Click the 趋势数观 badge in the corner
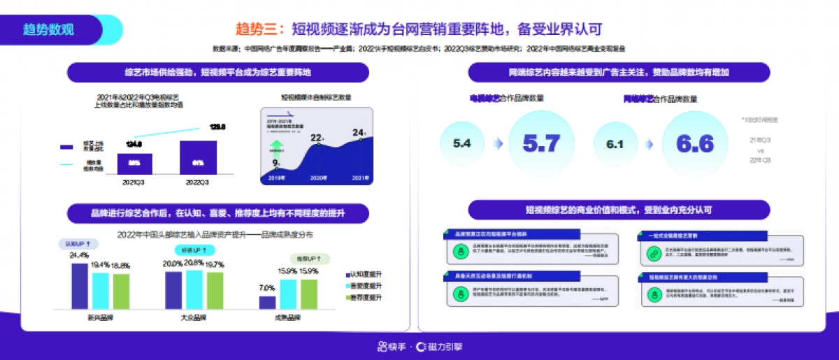tap(48, 29)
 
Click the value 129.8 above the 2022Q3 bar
tap(217, 127)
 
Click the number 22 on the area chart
tap(316, 138)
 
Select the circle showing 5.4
tap(462, 144)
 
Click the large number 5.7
tap(541, 144)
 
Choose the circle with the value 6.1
tap(615, 144)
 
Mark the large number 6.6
tap(694, 144)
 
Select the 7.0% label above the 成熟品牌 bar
tap(267, 288)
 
